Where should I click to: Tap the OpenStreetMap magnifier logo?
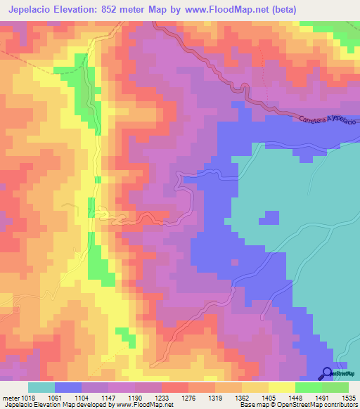tap(328, 373)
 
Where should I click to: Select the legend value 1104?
tap(87, 397)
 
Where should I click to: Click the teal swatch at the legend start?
tap(41, 387)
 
